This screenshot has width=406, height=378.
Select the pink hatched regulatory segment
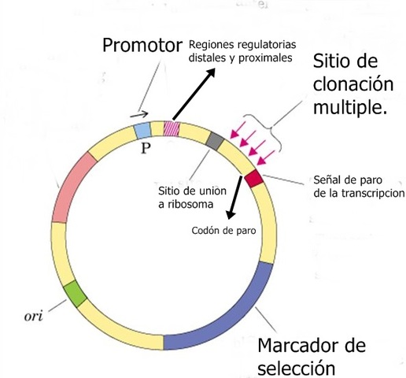pyautogui.click(x=171, y=128)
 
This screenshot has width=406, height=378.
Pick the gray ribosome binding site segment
pyautogui.click(x=214, y=142)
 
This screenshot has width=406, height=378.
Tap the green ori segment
pyautogui.click(x=75, y=292)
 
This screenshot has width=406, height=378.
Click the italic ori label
pyautogui.click(x=35, y=319)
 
